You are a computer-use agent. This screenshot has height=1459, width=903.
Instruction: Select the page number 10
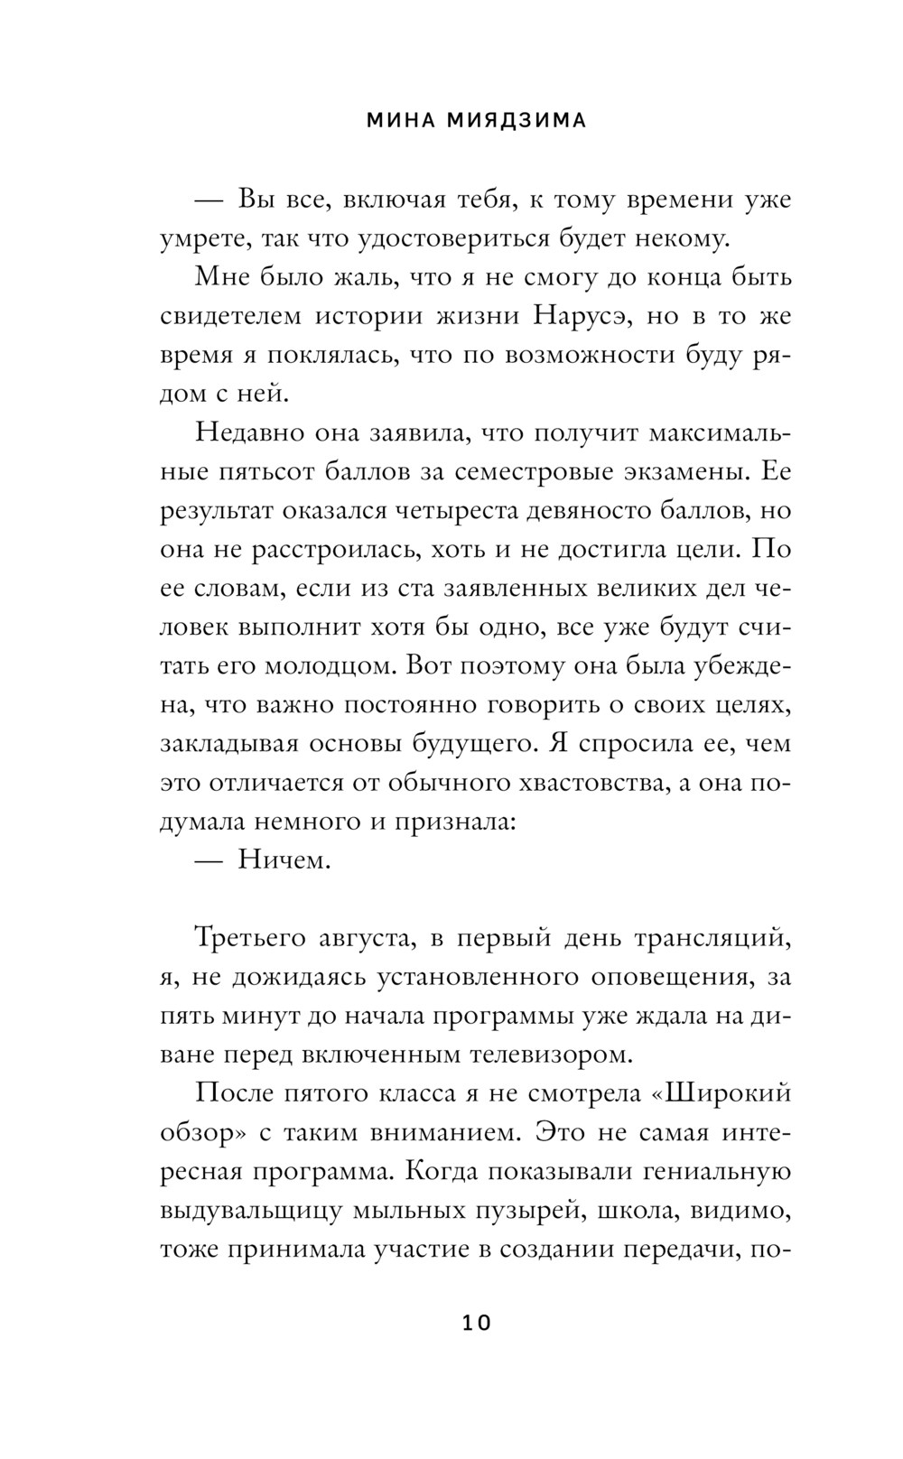(x=476, y=1324)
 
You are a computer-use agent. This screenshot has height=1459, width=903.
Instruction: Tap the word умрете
(x=202, y=238)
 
